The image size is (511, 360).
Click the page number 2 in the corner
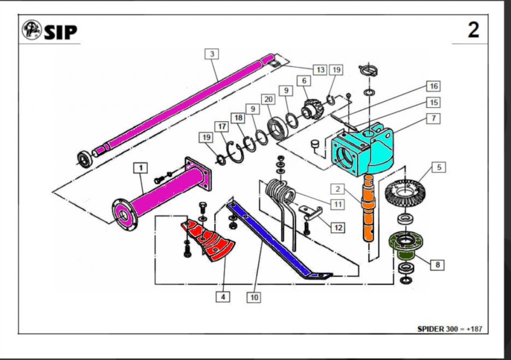[x=473, y=30]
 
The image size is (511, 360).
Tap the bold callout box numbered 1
[x=141, y=168]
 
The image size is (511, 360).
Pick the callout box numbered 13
[x=319, y=69]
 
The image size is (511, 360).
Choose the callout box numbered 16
[x=434, y=86]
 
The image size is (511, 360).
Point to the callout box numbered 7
[x=434, y=118]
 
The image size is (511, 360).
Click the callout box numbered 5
[x=439, y=167]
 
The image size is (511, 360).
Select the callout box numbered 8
[x=438, y=265]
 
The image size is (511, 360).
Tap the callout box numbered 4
[x=223, y=297]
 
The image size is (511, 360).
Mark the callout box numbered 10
[x=254, y=298]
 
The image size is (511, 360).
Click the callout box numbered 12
[x=338, y=227]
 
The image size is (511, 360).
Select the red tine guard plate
[x=210, y=242]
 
